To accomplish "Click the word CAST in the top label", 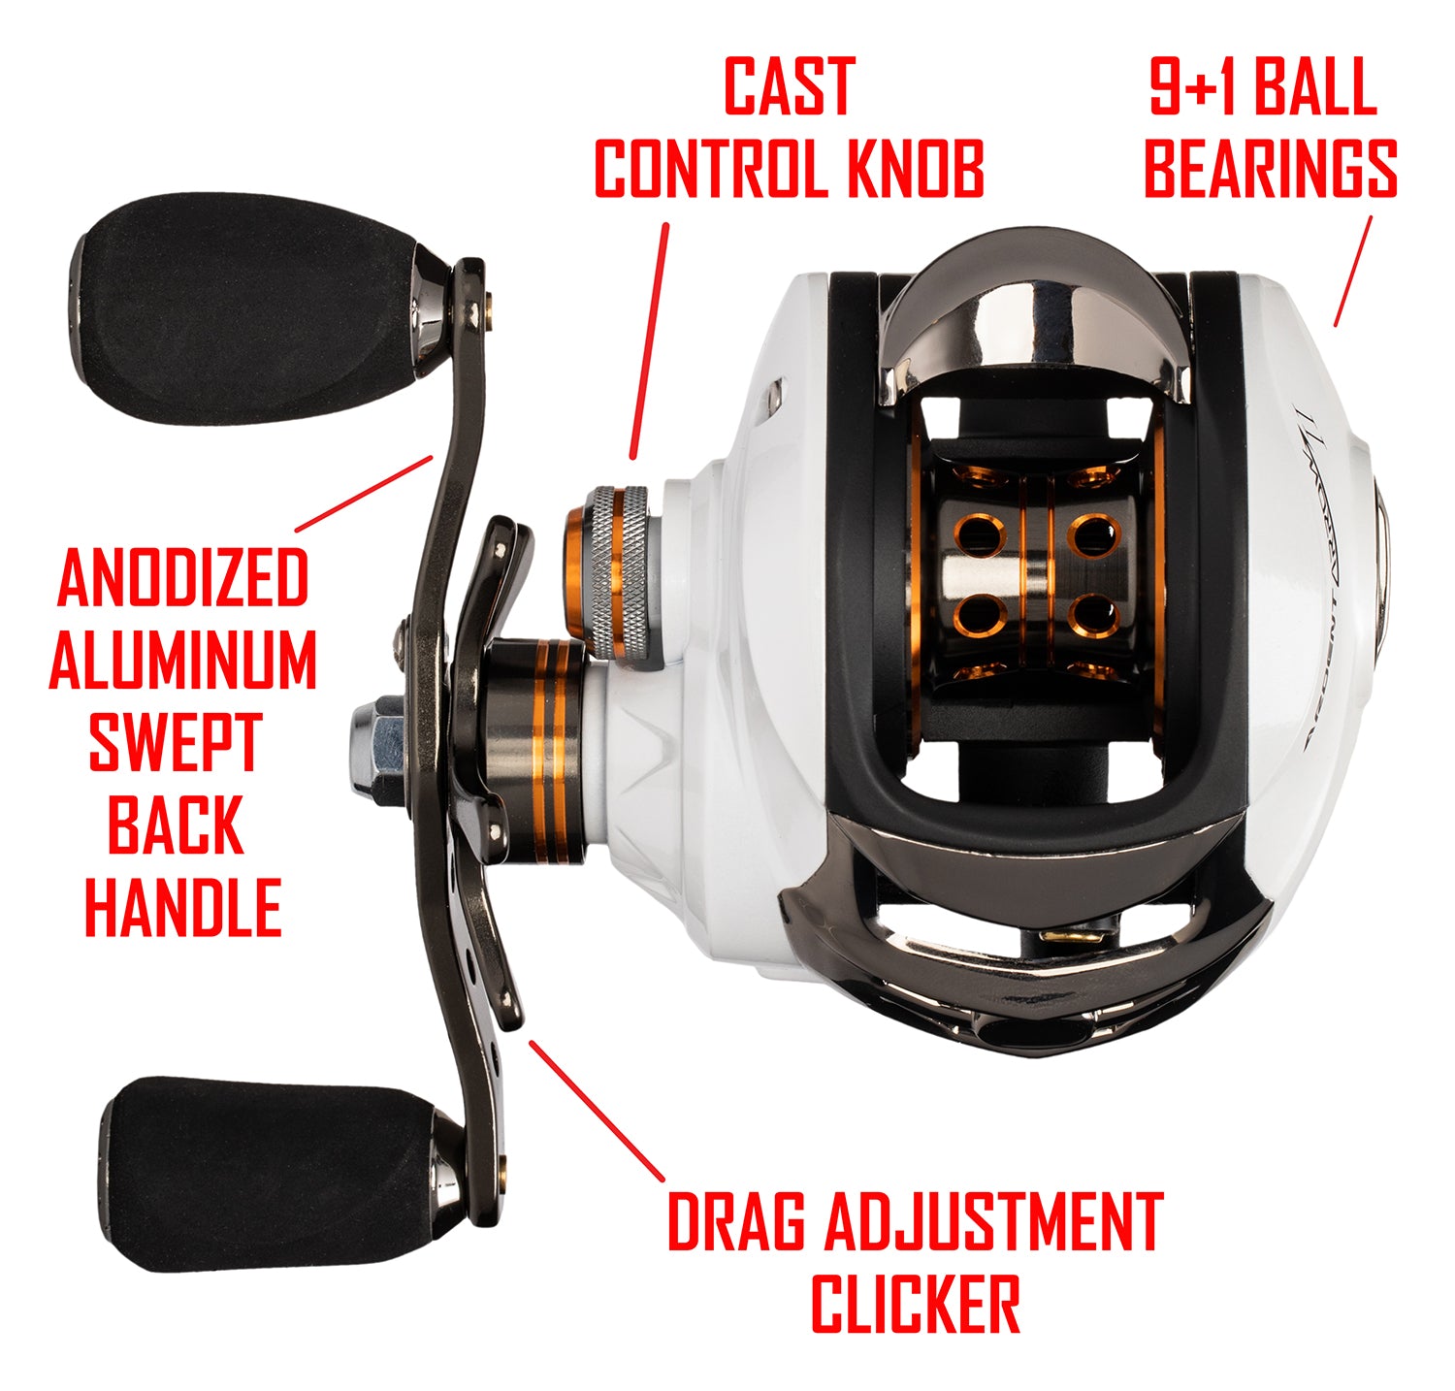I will pyautogui.click(x=789, y=88).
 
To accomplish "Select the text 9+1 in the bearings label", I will pyautogui.click(x=1194, y=88).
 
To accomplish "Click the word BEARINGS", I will pyautogui.click(x=1270, y=169).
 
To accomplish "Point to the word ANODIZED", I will pyautogui.click(x=183, y=577).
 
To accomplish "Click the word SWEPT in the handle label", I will pyautogui.click(x=176, y=742).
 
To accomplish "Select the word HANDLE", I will pyautogui.click(x=183, y=907).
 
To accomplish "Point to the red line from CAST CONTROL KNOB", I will pyautogui.click(x=650, y=340).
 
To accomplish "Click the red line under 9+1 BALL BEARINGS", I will pyautogui.click(x=1353, y=272).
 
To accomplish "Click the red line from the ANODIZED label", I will pyautogui.click(x=364, y=494).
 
